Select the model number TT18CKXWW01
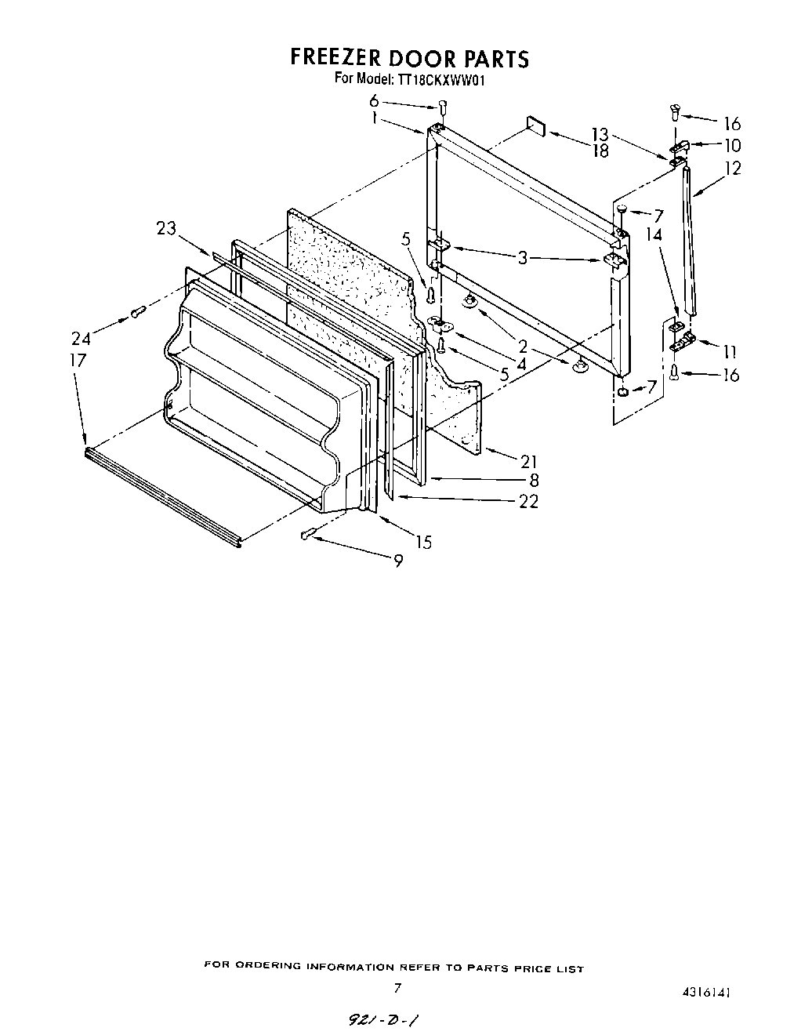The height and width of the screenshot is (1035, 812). (x=447, y=78)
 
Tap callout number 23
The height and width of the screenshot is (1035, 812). (x=166, y=228)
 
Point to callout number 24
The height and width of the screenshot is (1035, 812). (x=81, y=339)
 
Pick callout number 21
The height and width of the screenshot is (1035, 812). (x=529, y=461)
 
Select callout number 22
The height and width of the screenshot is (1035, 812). (x=529, y=502)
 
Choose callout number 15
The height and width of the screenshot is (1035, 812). (x=423, y=542)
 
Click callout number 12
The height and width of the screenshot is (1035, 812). (x=733, y=167)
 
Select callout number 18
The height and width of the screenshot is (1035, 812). (x=600, y=151)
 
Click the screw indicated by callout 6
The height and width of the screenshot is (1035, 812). (x=444, y=107)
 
